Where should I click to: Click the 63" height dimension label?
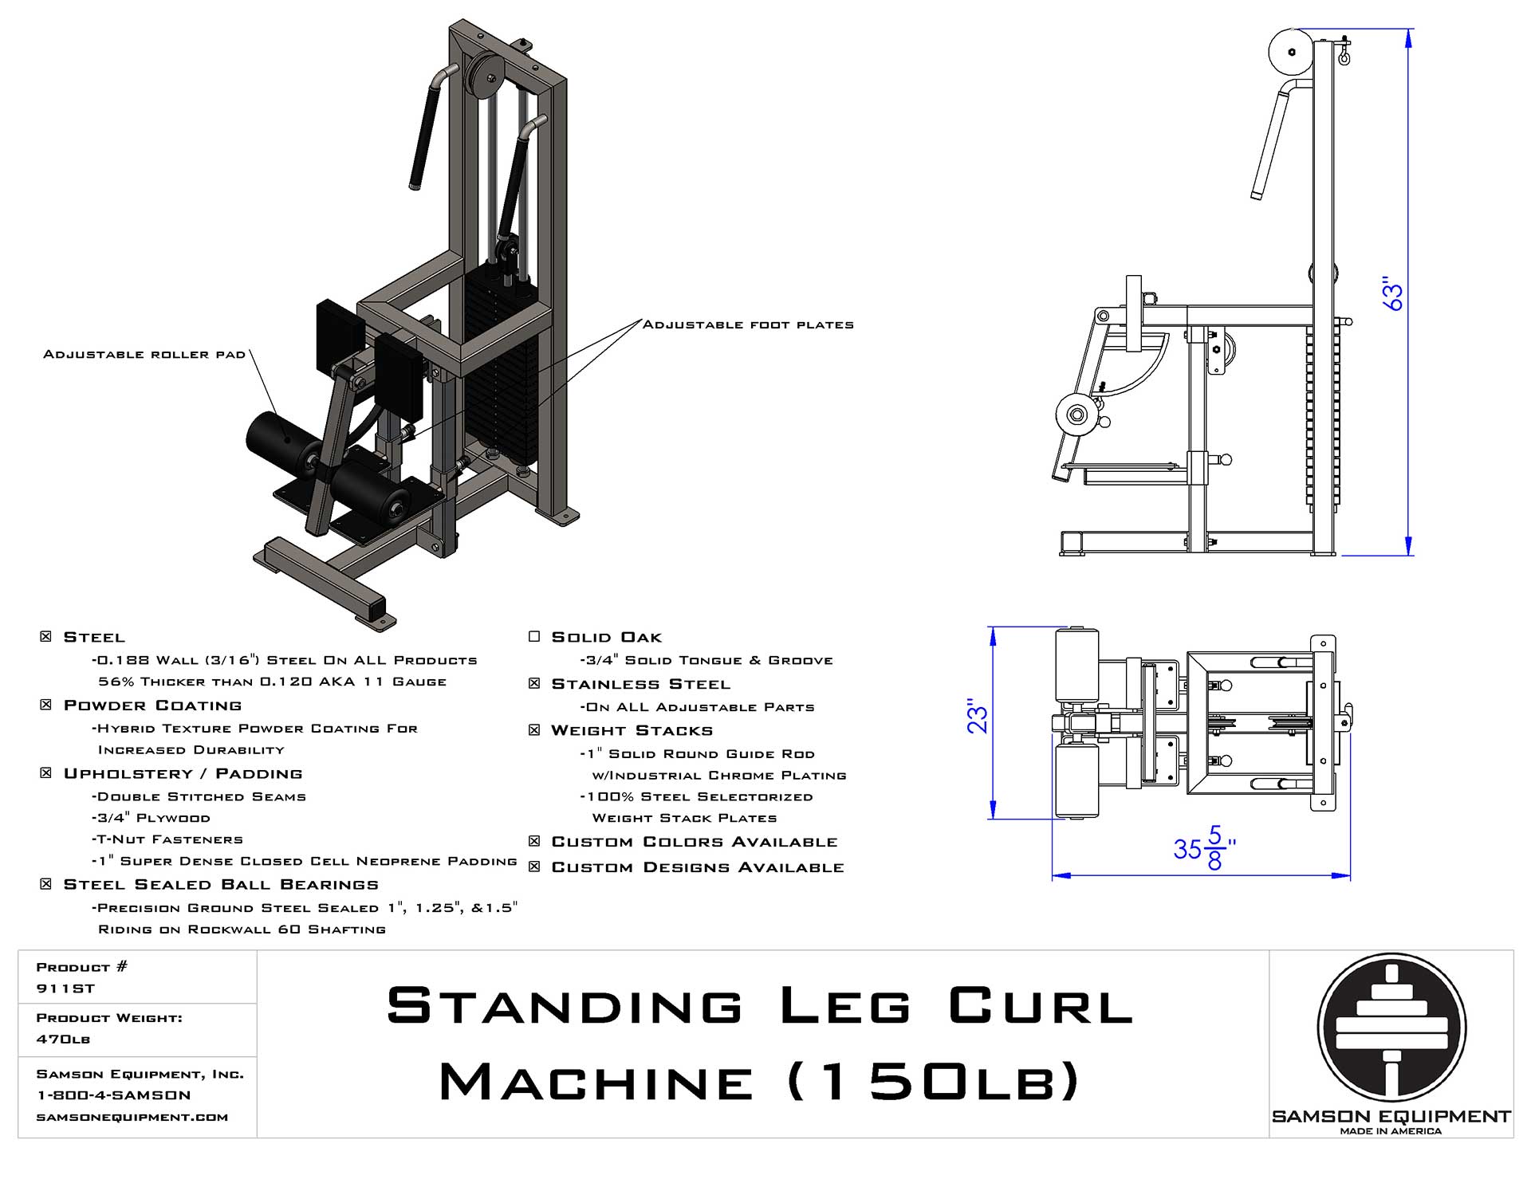1392,294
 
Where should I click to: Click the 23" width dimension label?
978,716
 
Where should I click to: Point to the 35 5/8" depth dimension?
1205,848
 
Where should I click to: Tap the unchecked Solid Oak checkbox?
534,636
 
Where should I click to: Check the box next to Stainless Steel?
534,683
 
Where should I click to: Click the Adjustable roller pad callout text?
144,354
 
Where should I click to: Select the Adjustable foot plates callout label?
748,324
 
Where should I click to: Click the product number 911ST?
65,988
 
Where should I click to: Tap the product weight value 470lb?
63,1040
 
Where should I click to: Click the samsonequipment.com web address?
132,1117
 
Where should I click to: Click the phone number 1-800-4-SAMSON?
114,1095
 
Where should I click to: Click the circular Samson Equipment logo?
1391,1028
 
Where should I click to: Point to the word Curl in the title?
1041,1007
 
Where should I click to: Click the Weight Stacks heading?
632,730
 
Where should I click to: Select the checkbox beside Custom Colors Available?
534,842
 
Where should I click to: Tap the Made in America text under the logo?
1391,1131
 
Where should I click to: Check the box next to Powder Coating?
46,705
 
